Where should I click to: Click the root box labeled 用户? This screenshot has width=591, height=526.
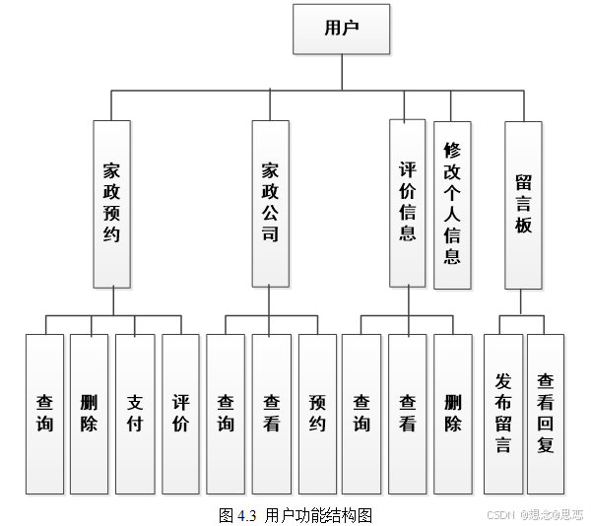pyautogui.click(x=341, y=29)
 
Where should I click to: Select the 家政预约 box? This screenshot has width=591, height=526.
pyautogui.click(x=111, y=203)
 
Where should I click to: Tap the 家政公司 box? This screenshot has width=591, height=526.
pyautogui.click(x=270, y=203)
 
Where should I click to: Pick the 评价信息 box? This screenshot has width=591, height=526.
pyautogui.click(x=408, y=203)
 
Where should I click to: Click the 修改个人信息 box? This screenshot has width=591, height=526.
pyautogui.click(x=452, y=204)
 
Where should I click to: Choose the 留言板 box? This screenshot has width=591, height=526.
pyautogui.click(x=523, y=204)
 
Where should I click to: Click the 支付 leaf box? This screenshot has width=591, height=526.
pyautogui.click(x=135, y=414)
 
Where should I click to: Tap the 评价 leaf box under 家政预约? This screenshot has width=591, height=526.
pyautogui.click(x=180, y=414)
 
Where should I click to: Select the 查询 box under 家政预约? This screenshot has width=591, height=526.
pyautogui.click(x=44, y=414)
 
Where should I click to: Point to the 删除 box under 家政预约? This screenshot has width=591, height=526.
pyautogui.click(x=89, y=414)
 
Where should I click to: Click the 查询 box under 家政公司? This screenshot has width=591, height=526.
pyautogui.click(x=226, y=414)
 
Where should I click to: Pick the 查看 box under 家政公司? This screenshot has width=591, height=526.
pyautogui.click(x=271, y=414)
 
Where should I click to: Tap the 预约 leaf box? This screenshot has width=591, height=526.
pyautogui.click(x=317, y=414)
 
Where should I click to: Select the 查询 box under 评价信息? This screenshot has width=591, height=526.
pyautogui.click(x=361, y=414)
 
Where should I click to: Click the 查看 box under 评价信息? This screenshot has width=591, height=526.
pyautogui.click(x=407, y=414)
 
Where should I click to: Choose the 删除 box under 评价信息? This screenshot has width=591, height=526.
pyautogui.click(x=453, y=414)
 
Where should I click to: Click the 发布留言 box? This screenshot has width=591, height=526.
pyautogui.click(x=502, y=414)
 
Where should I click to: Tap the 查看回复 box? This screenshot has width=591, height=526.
pyautogui.click(x=546, y=414)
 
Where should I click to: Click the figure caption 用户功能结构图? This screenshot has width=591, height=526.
pyautogui.click(x=295, y=515)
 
